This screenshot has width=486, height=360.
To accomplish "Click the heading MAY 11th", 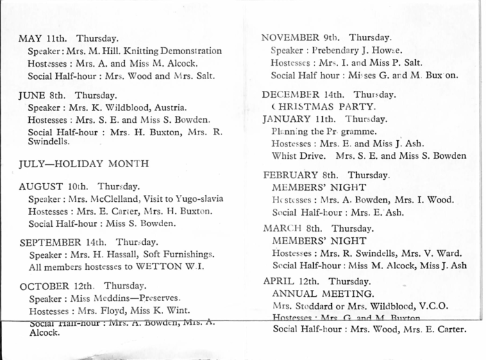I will point(44,39).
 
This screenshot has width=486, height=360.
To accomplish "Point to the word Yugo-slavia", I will point(187,198).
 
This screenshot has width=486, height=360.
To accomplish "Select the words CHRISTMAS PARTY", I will point(324,107).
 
